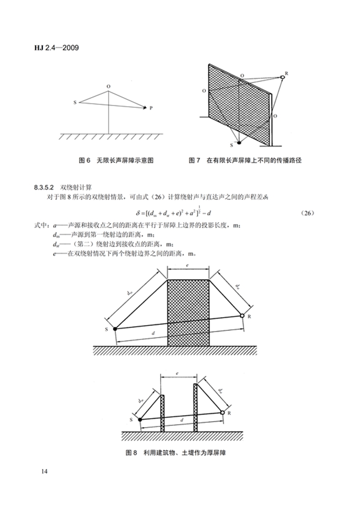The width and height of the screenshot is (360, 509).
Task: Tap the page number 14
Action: tap(44, 471)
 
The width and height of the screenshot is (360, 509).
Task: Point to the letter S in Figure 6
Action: tap(75, 103)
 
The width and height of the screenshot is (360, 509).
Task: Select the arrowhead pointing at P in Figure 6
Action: tap(145, 107)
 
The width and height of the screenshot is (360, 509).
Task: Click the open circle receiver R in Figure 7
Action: tap(283, 77)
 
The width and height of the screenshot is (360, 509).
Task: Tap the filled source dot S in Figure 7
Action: tap(239, 143)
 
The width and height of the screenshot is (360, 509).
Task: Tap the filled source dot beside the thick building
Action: tap(115, 329)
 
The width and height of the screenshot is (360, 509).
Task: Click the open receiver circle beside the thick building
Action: tap(242, 316)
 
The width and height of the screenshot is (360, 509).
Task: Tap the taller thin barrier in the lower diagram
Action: tap(195, 407)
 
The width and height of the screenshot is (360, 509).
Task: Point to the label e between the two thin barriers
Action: tap(178, 374)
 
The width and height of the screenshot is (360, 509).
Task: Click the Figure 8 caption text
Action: tap(175, 453)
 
